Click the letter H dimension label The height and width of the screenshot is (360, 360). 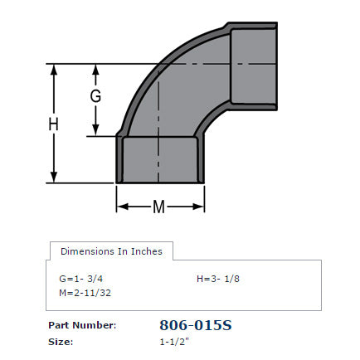(54, 124)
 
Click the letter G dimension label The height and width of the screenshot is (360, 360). (96, 96)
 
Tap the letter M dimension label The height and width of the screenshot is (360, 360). (158, 207)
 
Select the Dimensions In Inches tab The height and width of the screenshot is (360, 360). (111, 251)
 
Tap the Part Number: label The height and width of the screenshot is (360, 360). (82, 325)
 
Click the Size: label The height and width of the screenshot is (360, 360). (61, 341)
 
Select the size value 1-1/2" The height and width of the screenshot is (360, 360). (176, 341)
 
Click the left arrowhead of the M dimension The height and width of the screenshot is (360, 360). (121, 207)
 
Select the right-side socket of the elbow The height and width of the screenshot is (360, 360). (252, 65)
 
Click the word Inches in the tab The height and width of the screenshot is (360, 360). (145, 251)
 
